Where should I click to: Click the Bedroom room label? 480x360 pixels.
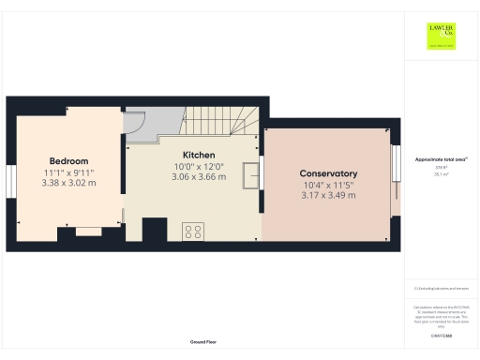[x=68, y=161]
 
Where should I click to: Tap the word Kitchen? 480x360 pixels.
[x=200, y=154]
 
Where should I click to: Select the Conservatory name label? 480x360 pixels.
[x=328, y=174]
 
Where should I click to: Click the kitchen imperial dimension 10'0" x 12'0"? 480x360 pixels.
[x=200, y=165]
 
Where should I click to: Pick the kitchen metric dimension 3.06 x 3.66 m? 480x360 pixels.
[x=200, y=176]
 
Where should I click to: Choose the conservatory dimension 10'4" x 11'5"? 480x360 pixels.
[x=328, y=186]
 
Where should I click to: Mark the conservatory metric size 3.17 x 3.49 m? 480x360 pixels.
[x=328, y=196]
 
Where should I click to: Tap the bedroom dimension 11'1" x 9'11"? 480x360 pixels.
[x=68, y=172]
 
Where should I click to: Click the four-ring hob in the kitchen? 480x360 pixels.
[x=194, y=231]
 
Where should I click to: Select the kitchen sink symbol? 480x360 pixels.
[x=251, y=175]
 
